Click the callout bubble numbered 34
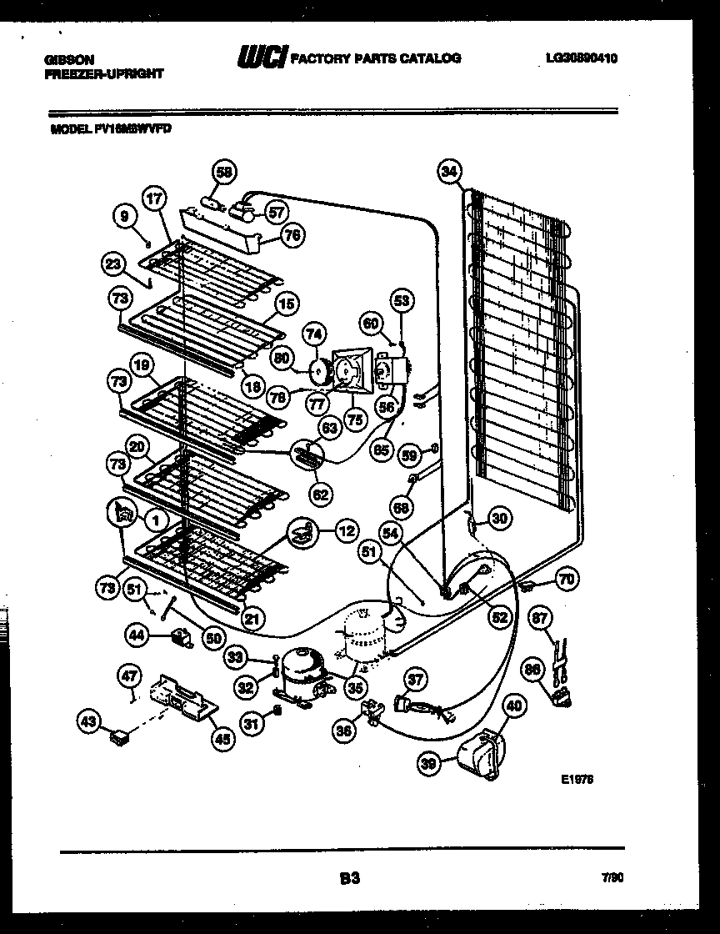(449, 173)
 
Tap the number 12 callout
(347, 529)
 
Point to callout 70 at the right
(567, 577)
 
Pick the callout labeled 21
(253, 618)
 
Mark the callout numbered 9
(124, 217)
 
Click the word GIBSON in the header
(70, 59)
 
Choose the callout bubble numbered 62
(321, 495)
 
